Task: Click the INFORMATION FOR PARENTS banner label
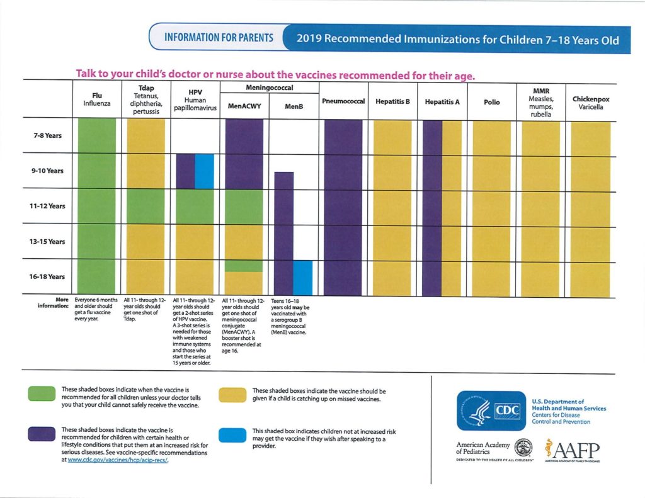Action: (x=219, y=38)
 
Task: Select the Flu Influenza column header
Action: (x=97, y=99)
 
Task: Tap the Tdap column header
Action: (x=146, y=99)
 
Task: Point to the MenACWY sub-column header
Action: (x=244, y=106)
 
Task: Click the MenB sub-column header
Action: (x=294, y=106)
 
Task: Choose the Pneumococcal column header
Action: (x=343, y=101)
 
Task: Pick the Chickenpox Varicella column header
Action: (x=590, y=103)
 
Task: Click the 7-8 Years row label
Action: (x=49, y=136)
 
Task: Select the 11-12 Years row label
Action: (x=49, y=207)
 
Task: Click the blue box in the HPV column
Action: (x=205, y=171)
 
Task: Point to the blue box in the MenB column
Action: (x=303, y=278)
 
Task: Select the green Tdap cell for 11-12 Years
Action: (x=146, y=207)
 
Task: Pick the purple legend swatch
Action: (x=42, y=434)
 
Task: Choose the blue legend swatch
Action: (x=232, y=434)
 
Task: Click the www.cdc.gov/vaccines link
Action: (x=119, y=460)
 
